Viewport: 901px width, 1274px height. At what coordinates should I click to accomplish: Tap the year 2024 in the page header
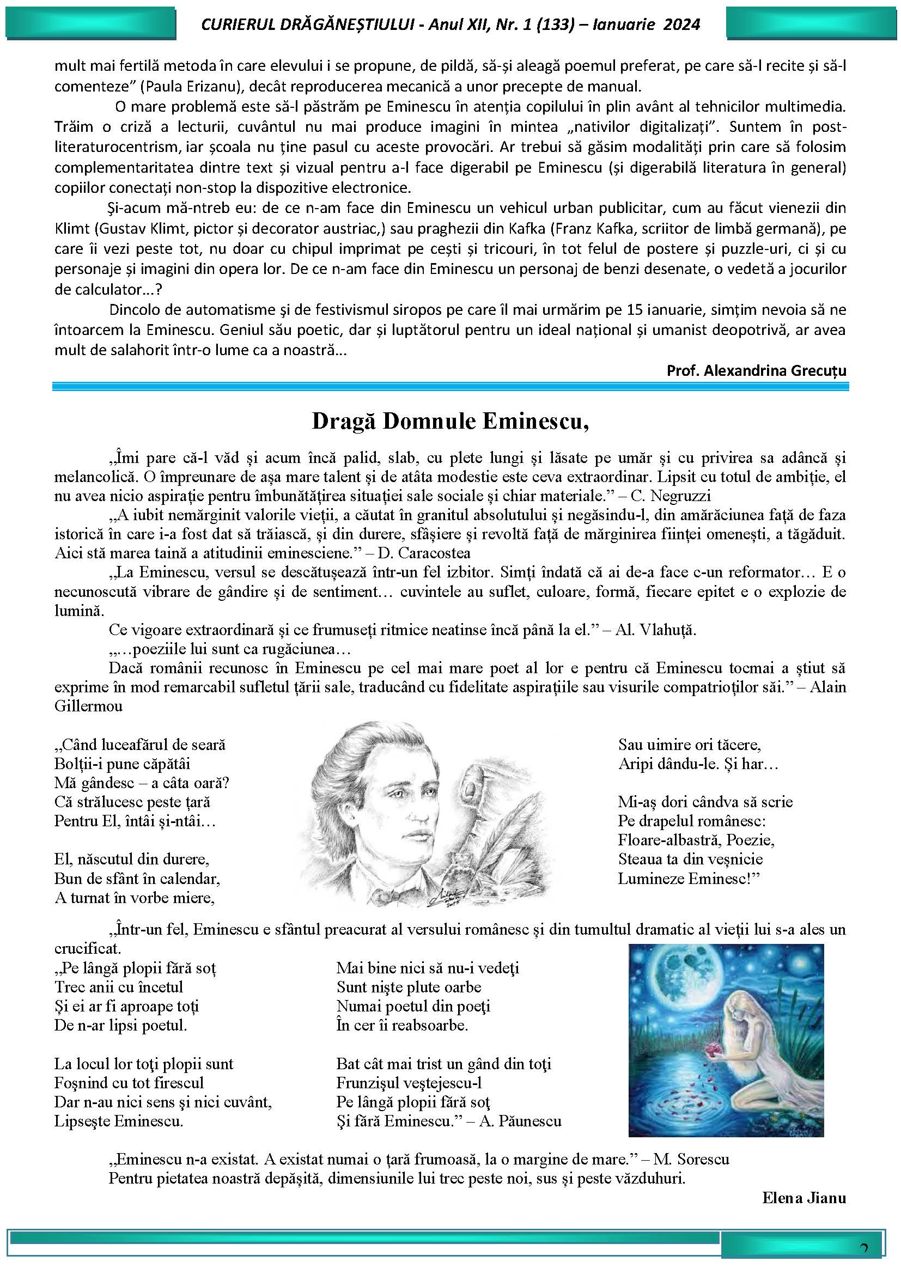click(680, 25)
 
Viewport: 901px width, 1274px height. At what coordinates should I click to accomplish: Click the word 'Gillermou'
click(88, 706)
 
